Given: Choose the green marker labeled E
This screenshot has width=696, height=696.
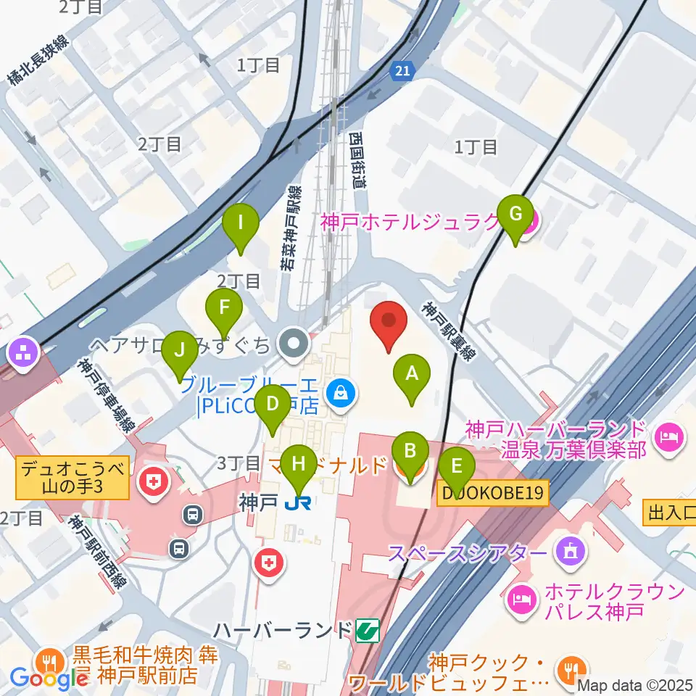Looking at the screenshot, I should tap(456, 468).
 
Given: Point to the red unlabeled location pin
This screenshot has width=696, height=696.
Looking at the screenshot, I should tap(389, 325).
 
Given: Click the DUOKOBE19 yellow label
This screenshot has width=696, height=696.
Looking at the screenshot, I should tap(493, 494).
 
